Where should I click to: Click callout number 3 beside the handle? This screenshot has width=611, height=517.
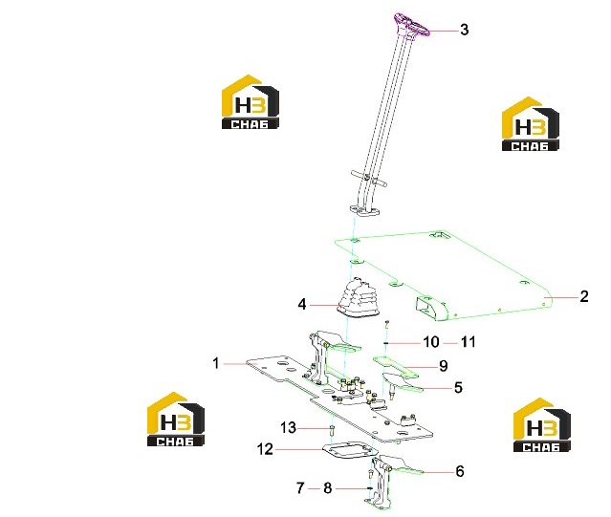[464, 30]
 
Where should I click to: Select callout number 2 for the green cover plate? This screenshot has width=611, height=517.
[583, 296]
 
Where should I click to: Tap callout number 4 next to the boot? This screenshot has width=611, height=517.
[302, 305]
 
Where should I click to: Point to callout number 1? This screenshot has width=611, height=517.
[216, 363]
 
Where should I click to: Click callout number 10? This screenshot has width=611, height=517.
[431, 342]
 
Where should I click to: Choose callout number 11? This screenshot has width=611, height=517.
[469, 342]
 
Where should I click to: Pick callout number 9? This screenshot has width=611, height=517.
[443, 366]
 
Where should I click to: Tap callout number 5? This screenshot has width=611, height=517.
[458, 388]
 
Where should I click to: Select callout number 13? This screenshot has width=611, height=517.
[289, 428]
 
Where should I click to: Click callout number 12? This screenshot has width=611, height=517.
[265, 449]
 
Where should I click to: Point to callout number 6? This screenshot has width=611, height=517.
[460, 471]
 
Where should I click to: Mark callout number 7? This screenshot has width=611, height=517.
[300, 487]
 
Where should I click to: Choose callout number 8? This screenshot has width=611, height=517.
[327, 487]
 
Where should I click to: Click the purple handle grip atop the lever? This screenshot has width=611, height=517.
[411, 24]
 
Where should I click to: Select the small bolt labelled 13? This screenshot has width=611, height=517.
[331, 431]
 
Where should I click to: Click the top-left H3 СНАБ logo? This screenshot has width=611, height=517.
[251, 102]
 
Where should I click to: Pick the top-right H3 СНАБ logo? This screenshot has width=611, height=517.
[530, 124]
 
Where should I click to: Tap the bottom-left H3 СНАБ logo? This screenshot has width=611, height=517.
[176, 419]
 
